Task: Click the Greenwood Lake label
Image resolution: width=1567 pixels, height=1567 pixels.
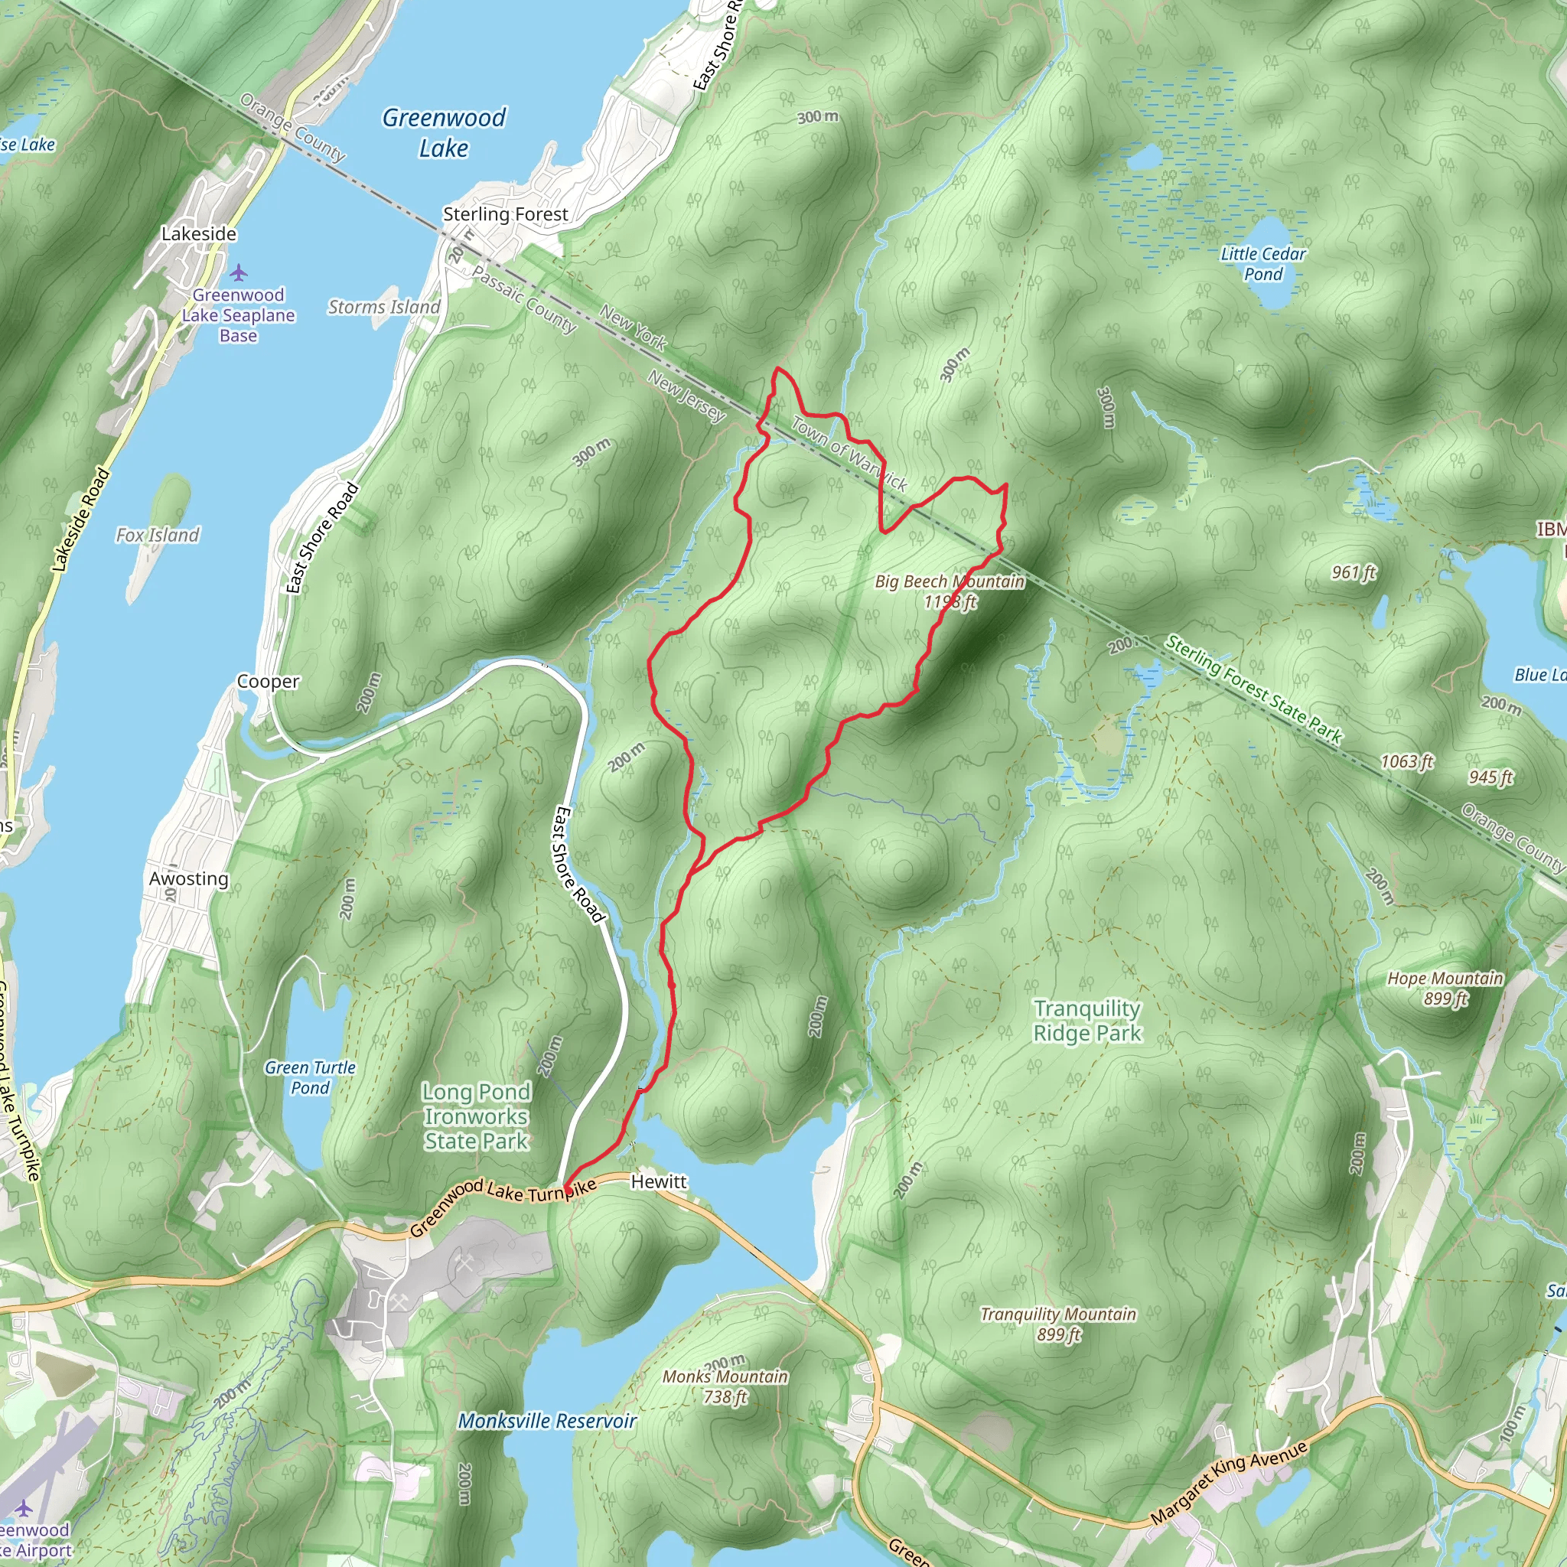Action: pyautogui.click(x=444, y=133)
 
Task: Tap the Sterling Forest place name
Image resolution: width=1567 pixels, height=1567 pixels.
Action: pyautogui.click(x=505, y=214)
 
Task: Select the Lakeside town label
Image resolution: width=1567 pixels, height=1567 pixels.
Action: pyautogui.click(x=199, y=233)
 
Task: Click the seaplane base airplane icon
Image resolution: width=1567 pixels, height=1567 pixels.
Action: pyautogui.click(x=238, y=272)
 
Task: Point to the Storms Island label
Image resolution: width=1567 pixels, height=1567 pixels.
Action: pyautogui.click(x=383, y=308)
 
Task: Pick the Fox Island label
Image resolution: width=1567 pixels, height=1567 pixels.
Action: pyautogui.click(x=158, y=536)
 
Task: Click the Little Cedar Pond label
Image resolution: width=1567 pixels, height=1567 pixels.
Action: pyautogui.click(x=1262, y=265)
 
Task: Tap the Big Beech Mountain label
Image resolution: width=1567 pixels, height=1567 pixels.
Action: pyautogui.click(x=950, y=591)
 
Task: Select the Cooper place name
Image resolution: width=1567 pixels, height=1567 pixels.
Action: pyautogui.click(x=268, y=681)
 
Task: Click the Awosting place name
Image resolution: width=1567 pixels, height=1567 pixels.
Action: pyautogui.click(x=189, y=878)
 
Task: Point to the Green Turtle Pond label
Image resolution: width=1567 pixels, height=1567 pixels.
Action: pyautogui.click(x=310, y=1077)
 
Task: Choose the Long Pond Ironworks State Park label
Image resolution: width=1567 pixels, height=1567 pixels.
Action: pyautogui.click(x=476, y=1116)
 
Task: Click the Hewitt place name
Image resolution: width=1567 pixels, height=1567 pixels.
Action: pyautogui.click(x=659, y=1181)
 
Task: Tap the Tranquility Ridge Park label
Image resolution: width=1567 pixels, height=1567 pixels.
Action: pyautogui.click(x=1086, y=1021)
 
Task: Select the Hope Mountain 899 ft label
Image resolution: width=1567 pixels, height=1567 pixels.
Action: pyautogui.click(x=1445, y=988)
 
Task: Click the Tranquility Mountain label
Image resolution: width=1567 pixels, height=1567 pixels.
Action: pyautogui.click(x=1058, y=1324)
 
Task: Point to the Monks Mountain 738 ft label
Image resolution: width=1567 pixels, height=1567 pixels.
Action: pyautogui.click(x=725, y=1386)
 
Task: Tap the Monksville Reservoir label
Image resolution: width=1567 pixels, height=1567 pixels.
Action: pyautogui.click(x=548, y=1421)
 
